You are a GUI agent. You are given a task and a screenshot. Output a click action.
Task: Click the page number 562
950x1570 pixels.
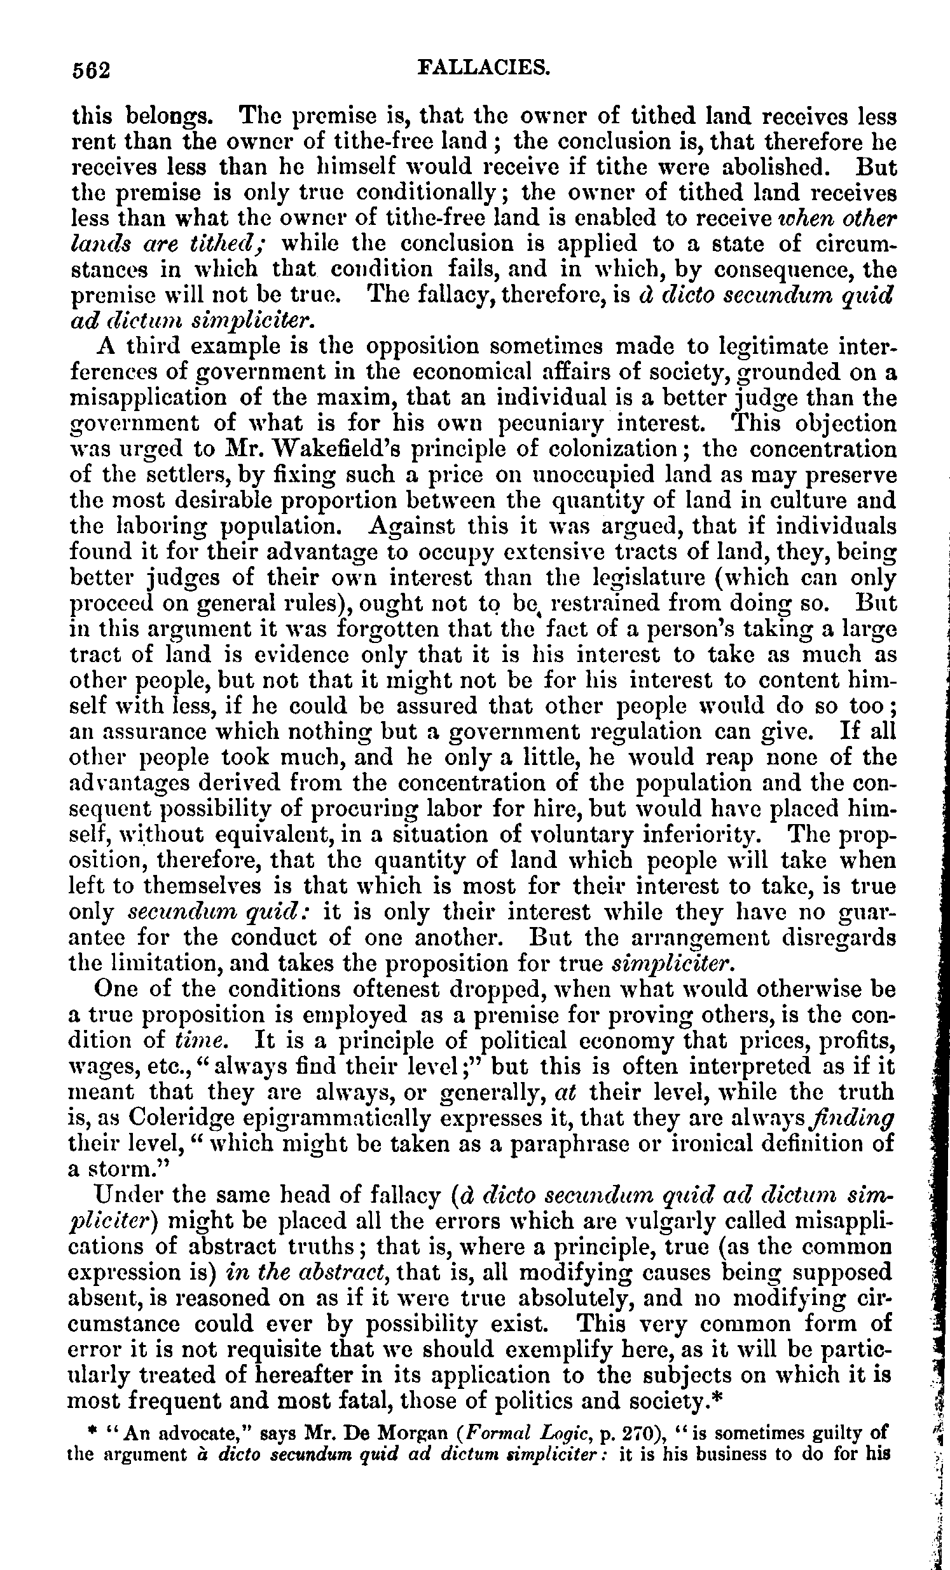92,69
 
